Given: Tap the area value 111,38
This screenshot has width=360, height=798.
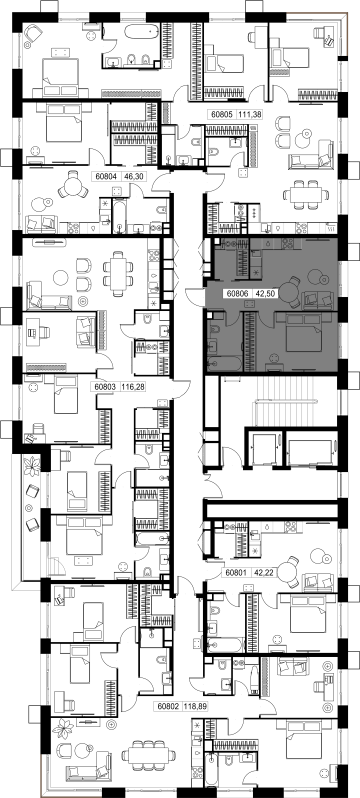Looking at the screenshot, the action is (250, 115).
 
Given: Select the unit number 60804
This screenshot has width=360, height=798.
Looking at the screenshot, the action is (106, 177).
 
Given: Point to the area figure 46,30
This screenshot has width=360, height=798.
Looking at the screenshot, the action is (131, 177).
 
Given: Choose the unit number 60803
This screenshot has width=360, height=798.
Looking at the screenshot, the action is (106, 387).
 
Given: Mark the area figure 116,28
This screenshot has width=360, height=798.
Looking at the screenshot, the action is (133, 387).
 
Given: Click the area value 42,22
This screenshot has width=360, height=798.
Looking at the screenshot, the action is (261, 573).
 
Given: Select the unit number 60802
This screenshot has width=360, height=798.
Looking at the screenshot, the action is (168, 706).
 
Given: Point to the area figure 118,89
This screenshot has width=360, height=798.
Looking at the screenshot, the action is (194, 706).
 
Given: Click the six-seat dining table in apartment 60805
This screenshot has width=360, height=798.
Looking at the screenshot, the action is (305, 194).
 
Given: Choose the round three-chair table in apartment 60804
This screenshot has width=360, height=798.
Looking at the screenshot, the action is (72, 186).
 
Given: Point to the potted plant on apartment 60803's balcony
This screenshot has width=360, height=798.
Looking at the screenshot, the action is (33, 465).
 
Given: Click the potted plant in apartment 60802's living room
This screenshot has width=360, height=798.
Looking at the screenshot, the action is (66, 729).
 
